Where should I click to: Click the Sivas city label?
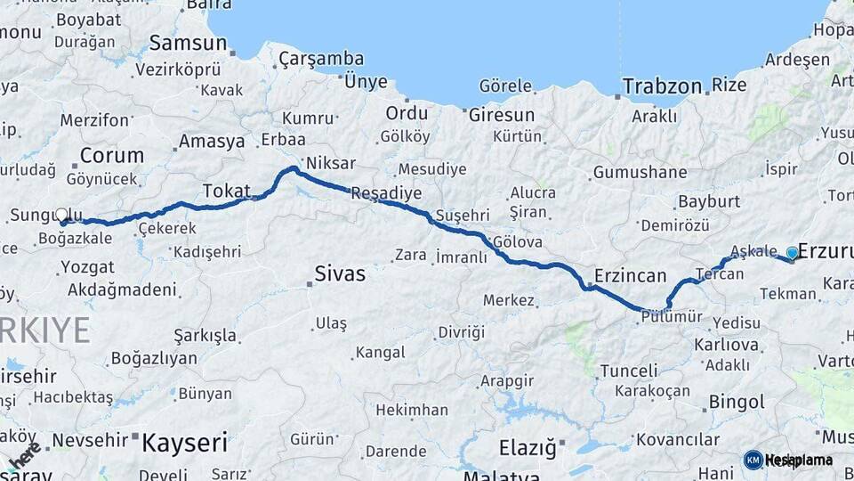340,273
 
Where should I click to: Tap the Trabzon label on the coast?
662,86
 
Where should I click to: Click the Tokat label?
226,191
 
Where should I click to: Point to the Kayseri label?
185,442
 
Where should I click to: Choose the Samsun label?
188,43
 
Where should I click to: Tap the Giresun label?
502,115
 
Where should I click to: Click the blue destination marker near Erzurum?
792,253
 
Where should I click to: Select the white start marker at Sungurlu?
61,215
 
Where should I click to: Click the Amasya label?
212,142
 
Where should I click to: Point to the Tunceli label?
629,371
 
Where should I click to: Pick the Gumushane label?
640,172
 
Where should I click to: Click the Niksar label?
330,163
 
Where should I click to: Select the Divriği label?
462,332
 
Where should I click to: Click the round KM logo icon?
753,460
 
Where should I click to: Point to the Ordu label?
407,113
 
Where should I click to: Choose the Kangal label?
380,353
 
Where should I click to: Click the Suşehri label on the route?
463,216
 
